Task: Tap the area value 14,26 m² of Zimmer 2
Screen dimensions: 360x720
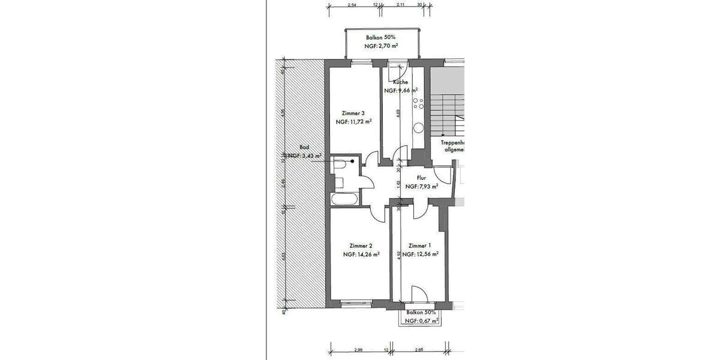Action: [x=361, y=254]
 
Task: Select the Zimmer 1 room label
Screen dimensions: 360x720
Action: [x=419, y=246]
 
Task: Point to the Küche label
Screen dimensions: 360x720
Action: [x=401, y=82]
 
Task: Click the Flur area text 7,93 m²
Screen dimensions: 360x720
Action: [x=421, y=187]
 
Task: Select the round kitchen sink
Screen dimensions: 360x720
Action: [x=419, y=127]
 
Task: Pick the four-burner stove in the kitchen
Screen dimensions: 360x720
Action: [x=419, y=104]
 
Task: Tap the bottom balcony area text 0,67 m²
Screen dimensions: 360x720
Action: [x=420, y=321]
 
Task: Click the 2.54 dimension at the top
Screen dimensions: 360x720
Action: [x=352, y=5]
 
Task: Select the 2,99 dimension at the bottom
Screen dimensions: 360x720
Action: [x=359, y=349]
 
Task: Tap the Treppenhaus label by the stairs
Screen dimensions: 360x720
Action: [x=454, y=144]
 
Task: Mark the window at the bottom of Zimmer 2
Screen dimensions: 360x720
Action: [x=354, y=303]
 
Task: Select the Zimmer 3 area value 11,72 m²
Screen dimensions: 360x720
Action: [x=354, y=121]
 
